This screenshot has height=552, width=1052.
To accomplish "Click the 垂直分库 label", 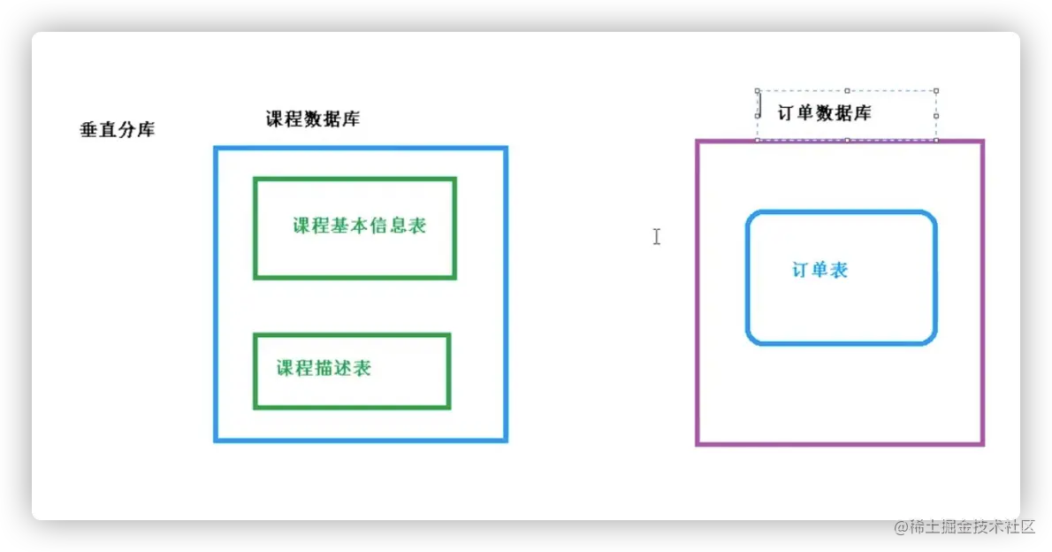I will coord(118,130).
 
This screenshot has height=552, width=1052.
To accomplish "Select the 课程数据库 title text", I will coord(313,119).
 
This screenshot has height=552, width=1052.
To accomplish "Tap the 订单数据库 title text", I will coord(824,113).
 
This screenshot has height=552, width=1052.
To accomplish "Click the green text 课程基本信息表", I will coord(360,226).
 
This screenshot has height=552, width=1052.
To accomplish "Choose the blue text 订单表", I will coord(819,271).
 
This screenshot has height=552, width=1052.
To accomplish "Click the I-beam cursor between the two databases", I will coord(656,236).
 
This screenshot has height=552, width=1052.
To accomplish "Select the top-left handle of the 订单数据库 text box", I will coord(758,90).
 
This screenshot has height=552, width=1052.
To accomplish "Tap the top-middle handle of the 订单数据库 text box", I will coord(847,90).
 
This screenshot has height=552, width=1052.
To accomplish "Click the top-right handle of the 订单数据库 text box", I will coord(936,90).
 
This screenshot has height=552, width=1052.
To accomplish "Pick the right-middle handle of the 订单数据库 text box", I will coord(936,115).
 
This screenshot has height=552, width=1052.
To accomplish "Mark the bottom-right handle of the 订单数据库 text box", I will coord(936,140).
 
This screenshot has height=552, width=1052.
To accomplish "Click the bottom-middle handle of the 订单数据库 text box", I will coord(847,140).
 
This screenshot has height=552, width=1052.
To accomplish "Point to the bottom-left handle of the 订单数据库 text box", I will coord(758,140).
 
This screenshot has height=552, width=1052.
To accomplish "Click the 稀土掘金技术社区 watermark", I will coord(964,525).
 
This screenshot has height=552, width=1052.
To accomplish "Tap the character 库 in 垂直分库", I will coord(146,130).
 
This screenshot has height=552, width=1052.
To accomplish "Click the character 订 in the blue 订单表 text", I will coord(800,271).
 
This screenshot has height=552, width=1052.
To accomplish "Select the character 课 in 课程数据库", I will coord(276,119).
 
